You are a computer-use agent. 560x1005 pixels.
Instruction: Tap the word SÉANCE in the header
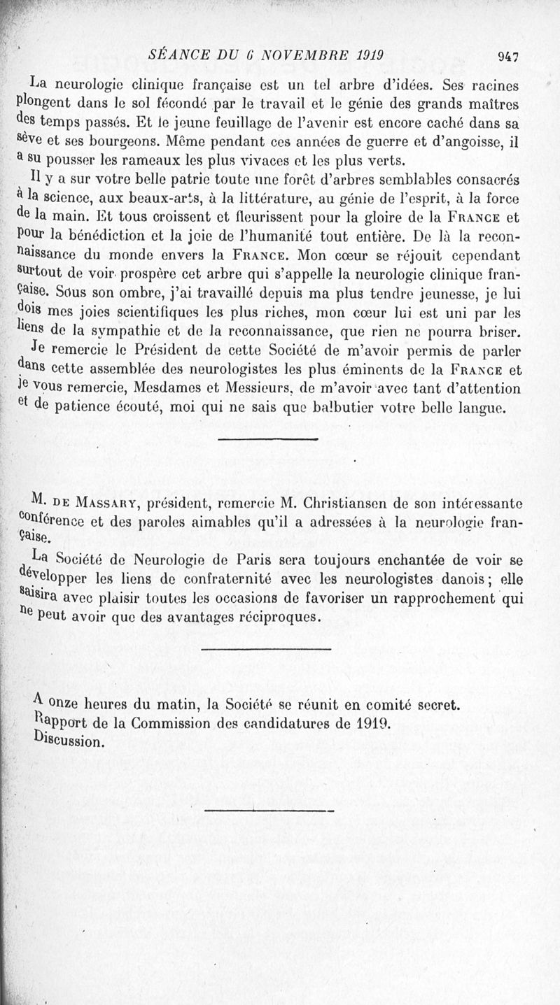pos(176,55)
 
